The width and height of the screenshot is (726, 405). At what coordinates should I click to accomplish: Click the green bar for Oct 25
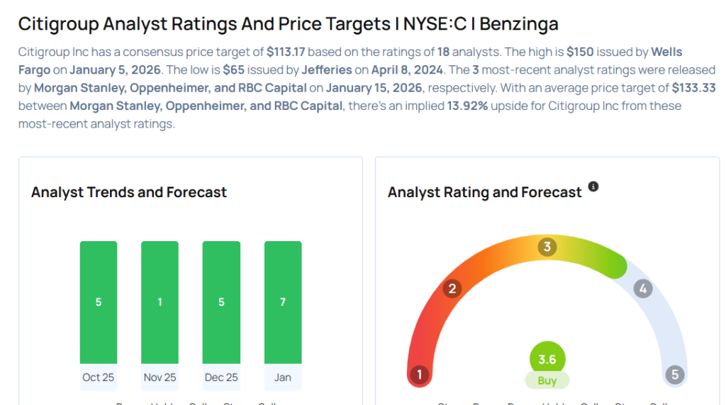(x=99, y=302)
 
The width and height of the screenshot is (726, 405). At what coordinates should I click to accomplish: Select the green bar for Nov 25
(x=160, y=302)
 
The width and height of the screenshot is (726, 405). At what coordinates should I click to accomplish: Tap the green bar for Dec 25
(x=221, y=302)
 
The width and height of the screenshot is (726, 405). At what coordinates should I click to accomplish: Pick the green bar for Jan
(x=283, y=302)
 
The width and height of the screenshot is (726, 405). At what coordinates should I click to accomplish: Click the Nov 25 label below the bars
(x=160, y=377)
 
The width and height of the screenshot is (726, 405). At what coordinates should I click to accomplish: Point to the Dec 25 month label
(x=221, y=377)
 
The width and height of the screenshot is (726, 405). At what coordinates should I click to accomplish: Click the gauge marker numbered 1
(x=420, y=375)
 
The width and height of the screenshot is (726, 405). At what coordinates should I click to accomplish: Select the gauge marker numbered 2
(x=452, y=289)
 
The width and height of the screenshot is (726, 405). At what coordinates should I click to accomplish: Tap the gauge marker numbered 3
(x=547, y=247)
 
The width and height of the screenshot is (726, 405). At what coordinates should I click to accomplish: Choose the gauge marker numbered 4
(x=643, y=289)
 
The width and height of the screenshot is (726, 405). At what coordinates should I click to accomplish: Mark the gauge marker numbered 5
(x=674, y=375)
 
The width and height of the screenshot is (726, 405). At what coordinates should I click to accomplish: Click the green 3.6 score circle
(x=547, y=359)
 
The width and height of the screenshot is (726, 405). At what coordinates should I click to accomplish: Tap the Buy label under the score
(x=547, y=381)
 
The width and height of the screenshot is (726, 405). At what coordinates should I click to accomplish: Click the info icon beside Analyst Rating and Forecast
(x=593, y=187)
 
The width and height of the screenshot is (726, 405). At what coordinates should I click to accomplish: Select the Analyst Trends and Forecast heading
(x=129, y=192)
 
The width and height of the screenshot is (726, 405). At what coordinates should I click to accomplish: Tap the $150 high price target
(x=580, y=52)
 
